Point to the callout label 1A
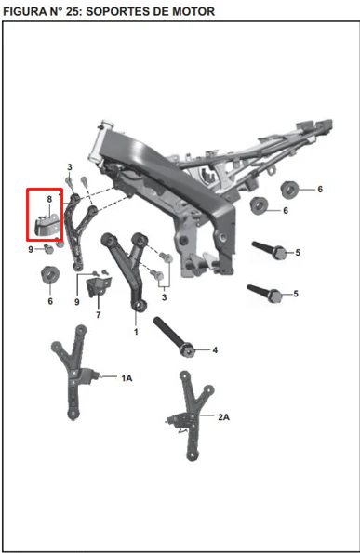pos(127,378)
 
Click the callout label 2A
pos(223,417)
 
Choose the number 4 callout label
pos(215,350)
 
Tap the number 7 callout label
pos(99,314)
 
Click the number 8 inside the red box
pos(49,199)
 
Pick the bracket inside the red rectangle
pos(47,226)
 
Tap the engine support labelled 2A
pos(193,416)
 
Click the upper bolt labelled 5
pos(270,250)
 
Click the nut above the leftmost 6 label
pos(50,275)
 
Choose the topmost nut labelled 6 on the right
pos(289,190)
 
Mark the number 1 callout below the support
pos(136,332)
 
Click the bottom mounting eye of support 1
pos(139,305)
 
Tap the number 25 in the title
pos(73,11)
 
